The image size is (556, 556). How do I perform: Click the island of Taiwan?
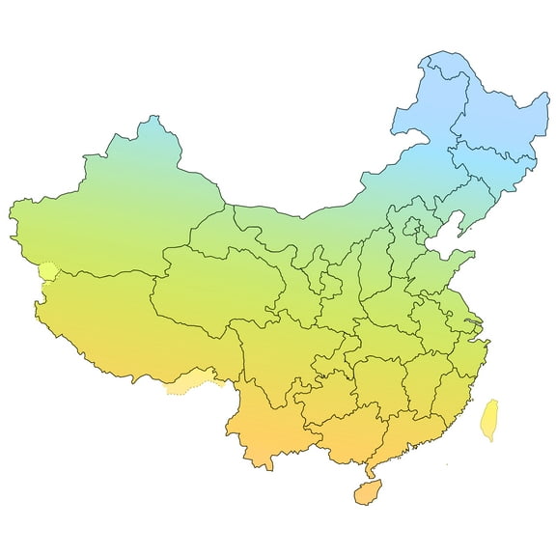click(x=489, y=419)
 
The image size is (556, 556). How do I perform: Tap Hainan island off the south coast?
click(x=368, y=492)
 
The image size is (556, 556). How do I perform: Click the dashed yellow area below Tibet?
click(x=193, y=386)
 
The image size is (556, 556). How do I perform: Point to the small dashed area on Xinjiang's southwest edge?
click(x=45, y=270)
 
